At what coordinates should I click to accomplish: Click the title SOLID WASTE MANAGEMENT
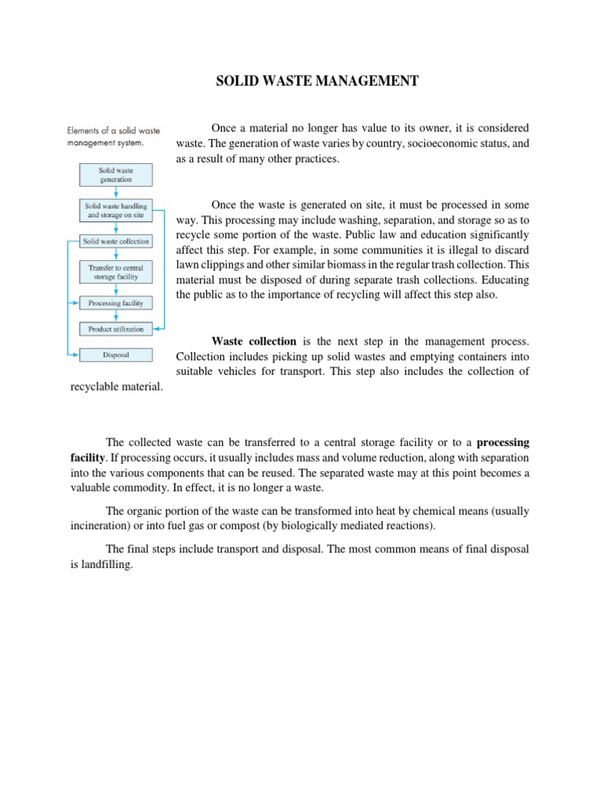pyautogui.click(x=317, y=81)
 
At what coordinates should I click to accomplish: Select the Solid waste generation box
pyautogui.click(x=116, y=174)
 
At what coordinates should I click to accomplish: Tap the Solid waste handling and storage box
pyautogui.click(x=116, y=210)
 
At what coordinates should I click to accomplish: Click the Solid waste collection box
pyautogui.click(x=116, y=242)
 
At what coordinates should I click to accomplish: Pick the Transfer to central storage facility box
pyautogui.click(x=116, y=272)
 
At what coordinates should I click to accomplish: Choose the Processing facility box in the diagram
pyautogui.click(x=116, y=302)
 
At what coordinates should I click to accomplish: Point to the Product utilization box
pyautogui.click(x=116, y=329)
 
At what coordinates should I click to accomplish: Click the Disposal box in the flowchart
pyautogui.click(x=116, y=355)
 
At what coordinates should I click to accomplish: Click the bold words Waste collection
pyautogui.click(x=254, y=341)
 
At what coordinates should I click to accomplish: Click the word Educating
pyautogui.click(x=502, y=280)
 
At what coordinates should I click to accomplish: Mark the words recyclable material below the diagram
pyautogui.click(x=117, y=387)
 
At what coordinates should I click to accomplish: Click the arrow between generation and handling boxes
pyautogui.click(x=116, y=192)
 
